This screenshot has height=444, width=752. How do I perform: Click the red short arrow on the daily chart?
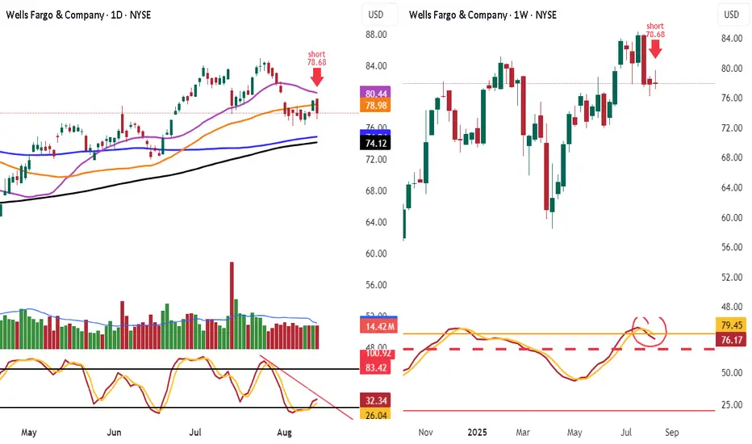click(316, 77)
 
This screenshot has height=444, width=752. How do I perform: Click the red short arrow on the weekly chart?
click(655, 48)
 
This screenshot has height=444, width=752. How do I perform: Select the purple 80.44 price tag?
click(375, 93)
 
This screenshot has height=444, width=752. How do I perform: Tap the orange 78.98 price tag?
click(375, 106)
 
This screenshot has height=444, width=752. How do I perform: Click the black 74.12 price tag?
click(375, 143)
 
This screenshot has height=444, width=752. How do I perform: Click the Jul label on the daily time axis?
click(195, 431)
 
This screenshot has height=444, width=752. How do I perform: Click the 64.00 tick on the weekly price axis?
click(732, 188)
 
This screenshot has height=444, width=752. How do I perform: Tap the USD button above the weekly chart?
click(732, 15)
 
